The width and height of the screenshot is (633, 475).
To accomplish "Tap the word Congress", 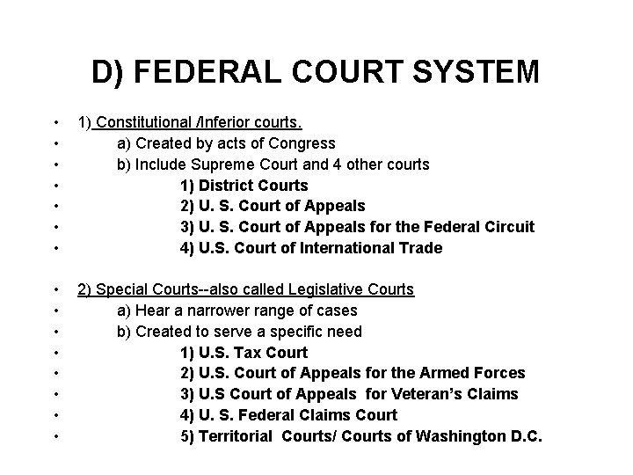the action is point(302,143).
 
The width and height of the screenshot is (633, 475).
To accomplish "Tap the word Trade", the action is point(421,248).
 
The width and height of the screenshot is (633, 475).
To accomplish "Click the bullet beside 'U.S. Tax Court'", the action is point(55,353).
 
